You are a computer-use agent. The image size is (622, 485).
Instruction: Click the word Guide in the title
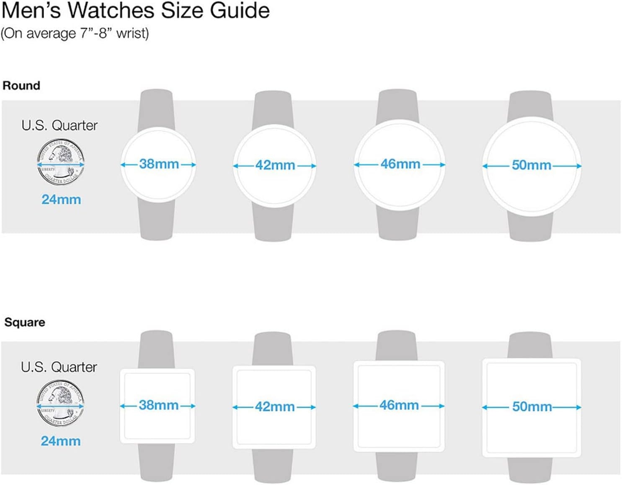(240, 10)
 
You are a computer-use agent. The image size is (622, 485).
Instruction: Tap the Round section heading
(21, 86)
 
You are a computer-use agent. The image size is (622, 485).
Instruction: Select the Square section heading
(25, 322)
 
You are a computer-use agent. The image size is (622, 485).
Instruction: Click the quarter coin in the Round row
(61, 162)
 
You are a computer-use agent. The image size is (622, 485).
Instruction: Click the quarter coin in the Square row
(60, 404)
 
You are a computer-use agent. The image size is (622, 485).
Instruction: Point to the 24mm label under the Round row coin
(61, 200)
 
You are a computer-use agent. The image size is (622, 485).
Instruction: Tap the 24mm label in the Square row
(61, 441)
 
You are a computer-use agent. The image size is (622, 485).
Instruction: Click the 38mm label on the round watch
(159, 164)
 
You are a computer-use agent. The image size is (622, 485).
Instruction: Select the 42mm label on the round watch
(275, 165)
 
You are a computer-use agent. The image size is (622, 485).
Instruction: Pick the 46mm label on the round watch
(400, 164)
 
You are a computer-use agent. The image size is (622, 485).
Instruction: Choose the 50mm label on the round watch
(532, 165)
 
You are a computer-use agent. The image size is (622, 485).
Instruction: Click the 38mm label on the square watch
(159, 405)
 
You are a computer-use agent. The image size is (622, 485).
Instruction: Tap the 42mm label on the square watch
(275, 407)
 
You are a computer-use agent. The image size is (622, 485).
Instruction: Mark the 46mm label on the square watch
(399, 405)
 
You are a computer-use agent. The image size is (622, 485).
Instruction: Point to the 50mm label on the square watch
(532, 407)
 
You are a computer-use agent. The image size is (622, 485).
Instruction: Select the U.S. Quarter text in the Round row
(59, 125)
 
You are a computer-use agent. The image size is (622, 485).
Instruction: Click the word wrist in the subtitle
(132, 34)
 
